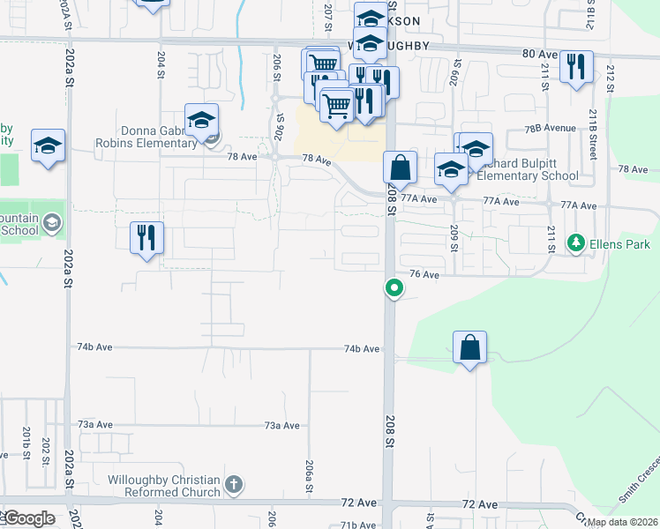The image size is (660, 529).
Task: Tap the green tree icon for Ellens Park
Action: click(x=576, y=242)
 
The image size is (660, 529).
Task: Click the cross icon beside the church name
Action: click(x=233, y=484)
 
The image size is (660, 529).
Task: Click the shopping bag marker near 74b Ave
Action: click(x=469, y=348)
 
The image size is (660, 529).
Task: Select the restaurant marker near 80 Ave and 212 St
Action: click(x=575, y=67)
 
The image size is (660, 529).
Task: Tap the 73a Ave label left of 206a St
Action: click(x=95, y=424)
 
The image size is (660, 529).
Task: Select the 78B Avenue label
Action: click(x=550, y=128)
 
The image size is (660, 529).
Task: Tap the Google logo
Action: click(x=29, y=518)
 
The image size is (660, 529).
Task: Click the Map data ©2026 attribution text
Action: click(x=621, y=522)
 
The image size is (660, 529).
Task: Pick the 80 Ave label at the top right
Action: click(x=540, y=54)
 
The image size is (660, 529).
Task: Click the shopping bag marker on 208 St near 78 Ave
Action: click(x=400, y=167)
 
